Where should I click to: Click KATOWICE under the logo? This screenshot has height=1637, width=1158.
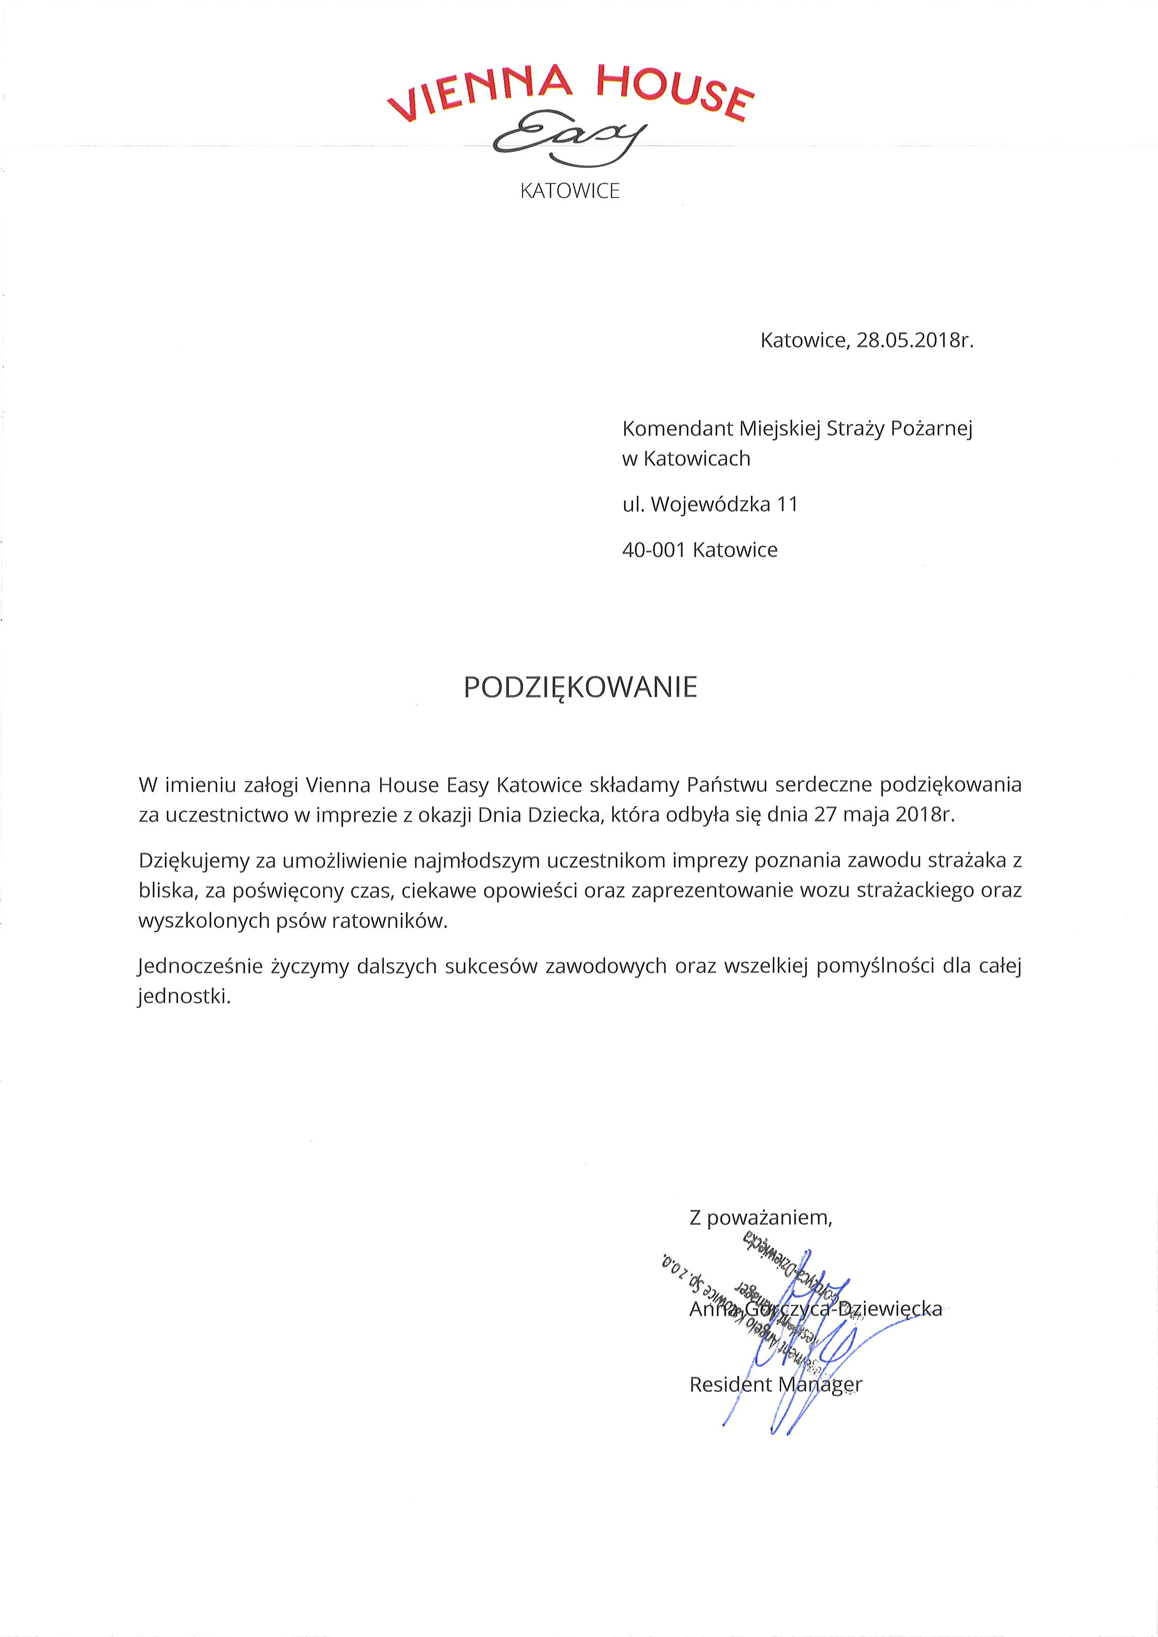tap(570, 191)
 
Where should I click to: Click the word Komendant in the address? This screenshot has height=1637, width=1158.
tap(678, 429)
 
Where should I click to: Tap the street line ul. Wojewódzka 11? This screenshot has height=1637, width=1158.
tap(710, 505)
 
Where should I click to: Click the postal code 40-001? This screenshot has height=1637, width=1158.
tap(653, 550)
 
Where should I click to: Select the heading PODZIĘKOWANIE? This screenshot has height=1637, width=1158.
tap(580, 687)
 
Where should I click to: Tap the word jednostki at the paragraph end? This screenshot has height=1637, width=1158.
tap(184, 997)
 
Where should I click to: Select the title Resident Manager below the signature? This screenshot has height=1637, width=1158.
tap(775, 1384)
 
